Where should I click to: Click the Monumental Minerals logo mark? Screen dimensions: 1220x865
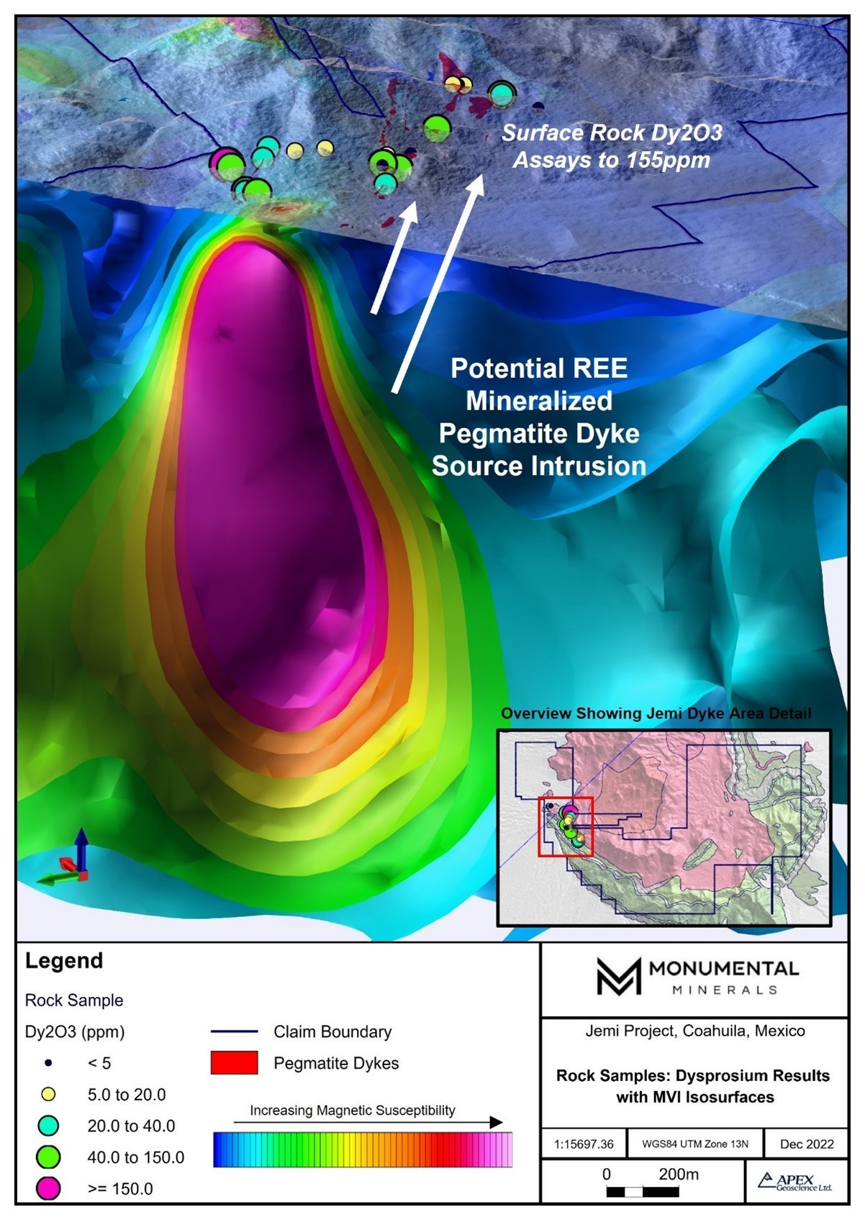pos(618,977)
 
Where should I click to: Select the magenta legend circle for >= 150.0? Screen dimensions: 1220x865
pos(48,1188)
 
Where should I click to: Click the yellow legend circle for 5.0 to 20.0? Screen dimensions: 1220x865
pos(48,1095)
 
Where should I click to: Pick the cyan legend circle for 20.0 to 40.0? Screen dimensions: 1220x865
pos(48,1126)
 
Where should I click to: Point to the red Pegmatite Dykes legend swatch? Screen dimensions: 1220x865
pos(234,1063)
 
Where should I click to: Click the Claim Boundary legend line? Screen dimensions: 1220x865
pos(234,1031)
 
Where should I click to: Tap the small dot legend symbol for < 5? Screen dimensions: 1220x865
pos(48,1063)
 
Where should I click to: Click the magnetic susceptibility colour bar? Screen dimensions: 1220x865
pos(363,1149)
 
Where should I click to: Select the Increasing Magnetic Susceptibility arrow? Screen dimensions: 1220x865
pos(367,1122)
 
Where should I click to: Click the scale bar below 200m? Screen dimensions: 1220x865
pos(643,1191)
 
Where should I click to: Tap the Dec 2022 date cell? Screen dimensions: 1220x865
pos(806,1144)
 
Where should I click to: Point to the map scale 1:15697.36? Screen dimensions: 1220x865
pos(584,1144)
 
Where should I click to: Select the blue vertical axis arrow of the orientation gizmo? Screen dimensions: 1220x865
pos(81,848)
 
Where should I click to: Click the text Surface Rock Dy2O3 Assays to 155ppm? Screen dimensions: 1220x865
pos(612,146)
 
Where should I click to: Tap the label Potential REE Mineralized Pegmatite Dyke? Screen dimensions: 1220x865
pos(539,417)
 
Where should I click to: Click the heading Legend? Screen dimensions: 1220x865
pos(64,961)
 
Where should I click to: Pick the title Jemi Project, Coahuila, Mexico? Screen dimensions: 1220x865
pos(694,1031)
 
